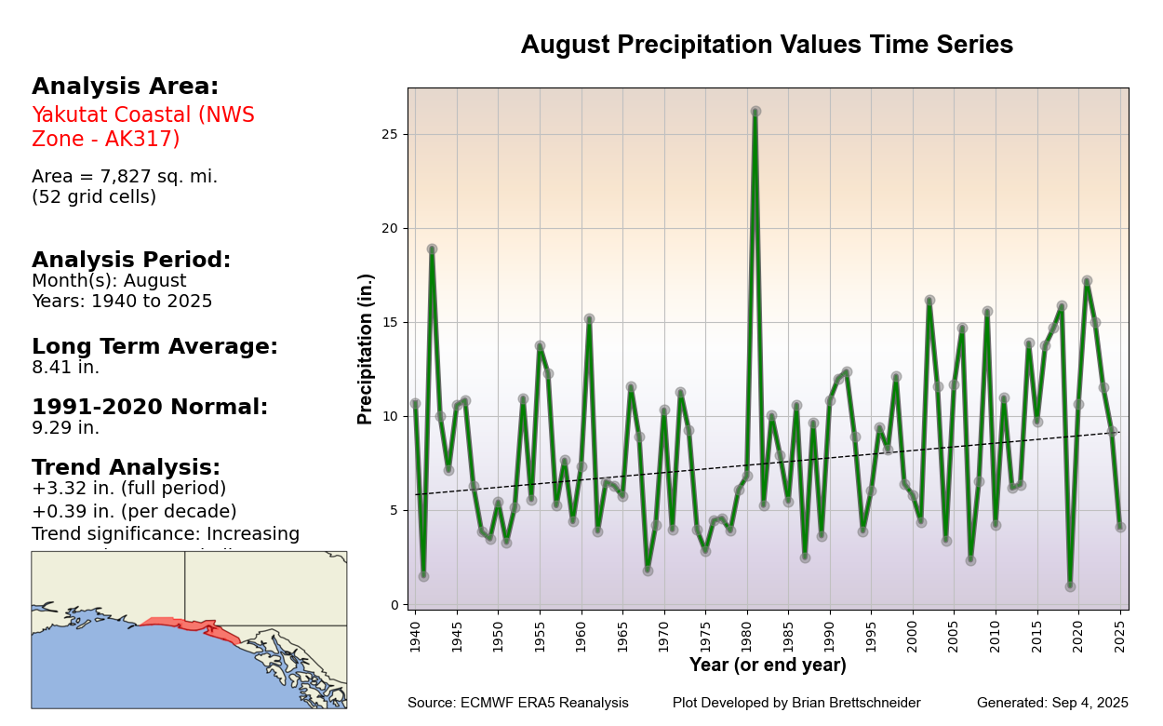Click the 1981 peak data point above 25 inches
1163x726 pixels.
[755, 111]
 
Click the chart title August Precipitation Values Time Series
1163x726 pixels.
[767, 46]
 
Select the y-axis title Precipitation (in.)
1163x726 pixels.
[366, 348]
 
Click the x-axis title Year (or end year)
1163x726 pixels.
[768, 665]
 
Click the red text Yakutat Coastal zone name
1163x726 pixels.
[143, 127]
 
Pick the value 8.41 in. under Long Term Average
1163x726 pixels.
[65, 368]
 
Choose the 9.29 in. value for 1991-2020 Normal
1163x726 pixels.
[65, 428]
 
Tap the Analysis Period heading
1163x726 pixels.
[131, 261]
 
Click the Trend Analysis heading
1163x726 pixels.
[126, 468]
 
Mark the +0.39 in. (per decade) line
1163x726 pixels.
[134, 511]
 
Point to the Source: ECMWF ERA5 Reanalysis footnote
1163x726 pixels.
[517, 704]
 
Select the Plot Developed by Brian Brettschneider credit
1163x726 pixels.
[796, 704]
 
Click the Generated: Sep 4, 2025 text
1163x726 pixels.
[1052, 704]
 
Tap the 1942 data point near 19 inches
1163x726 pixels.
[432, 249]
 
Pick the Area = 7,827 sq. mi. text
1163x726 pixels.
[125, 177]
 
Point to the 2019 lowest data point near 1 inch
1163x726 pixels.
[1070, 586]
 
